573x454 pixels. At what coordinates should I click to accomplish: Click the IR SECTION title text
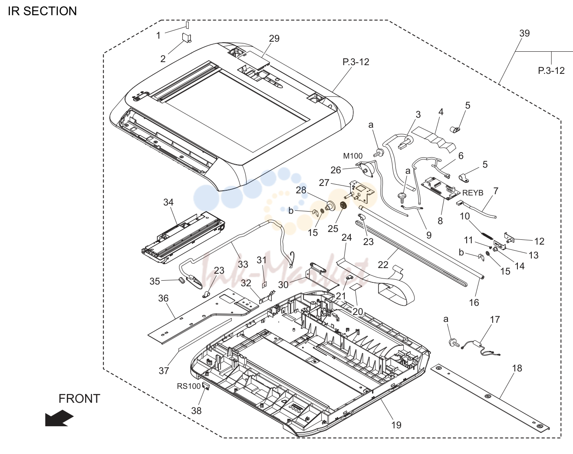(43, 11)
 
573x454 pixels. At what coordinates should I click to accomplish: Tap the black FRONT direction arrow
(59, 418)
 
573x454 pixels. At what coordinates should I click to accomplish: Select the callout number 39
(524, 33)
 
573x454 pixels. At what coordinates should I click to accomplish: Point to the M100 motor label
(353, 156)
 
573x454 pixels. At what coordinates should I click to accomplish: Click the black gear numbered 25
(343, 206)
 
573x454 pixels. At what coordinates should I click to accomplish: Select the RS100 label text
(188, 386)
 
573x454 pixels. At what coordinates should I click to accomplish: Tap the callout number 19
(396, 425)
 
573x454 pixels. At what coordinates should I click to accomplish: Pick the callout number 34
(168, 202)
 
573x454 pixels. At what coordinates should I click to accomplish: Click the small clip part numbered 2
(187, 38)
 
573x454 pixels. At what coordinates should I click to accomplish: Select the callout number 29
(274, 38)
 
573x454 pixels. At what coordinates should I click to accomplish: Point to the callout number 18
(517, 368)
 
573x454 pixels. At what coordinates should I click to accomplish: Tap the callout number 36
(163, 298)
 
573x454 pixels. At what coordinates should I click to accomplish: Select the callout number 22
(383, 265)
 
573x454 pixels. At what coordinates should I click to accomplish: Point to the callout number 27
(324, 182)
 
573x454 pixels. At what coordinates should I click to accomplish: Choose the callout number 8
(440, 221)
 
